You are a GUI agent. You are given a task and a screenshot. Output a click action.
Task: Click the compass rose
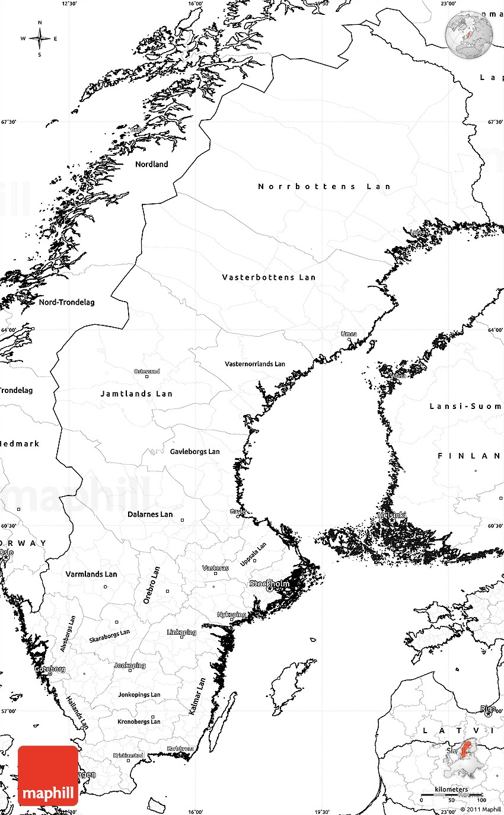pos(40,39)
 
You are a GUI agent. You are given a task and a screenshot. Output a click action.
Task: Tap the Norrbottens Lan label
pos(324,186)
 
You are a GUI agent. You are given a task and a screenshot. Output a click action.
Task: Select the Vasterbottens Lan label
pos(269,277)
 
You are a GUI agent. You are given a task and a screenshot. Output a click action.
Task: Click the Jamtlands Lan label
pos(136,394)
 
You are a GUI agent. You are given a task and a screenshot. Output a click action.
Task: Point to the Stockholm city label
pos(270,584)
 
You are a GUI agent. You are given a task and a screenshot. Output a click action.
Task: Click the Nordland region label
pos(152,164)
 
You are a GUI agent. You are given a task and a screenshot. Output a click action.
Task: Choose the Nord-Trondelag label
pos(66,302)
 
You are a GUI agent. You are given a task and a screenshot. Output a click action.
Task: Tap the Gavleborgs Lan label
pos(194,452)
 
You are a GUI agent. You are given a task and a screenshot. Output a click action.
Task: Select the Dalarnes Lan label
pos(150,514)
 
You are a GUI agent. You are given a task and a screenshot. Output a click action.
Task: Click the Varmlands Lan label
pos(91,574)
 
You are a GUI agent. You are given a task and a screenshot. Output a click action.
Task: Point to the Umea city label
pos(349,334)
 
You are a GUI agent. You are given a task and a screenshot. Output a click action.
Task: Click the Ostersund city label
pos(146,372)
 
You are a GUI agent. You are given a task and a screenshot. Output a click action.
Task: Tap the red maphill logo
pos(48,775)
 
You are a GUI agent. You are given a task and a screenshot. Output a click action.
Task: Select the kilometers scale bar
pos(451,795)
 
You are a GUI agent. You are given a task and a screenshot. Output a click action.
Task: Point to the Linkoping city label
pos(181,632)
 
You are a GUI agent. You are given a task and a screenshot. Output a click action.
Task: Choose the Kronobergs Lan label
pos(139,721)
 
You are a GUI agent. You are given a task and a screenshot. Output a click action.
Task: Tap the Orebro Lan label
pos(152,585)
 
